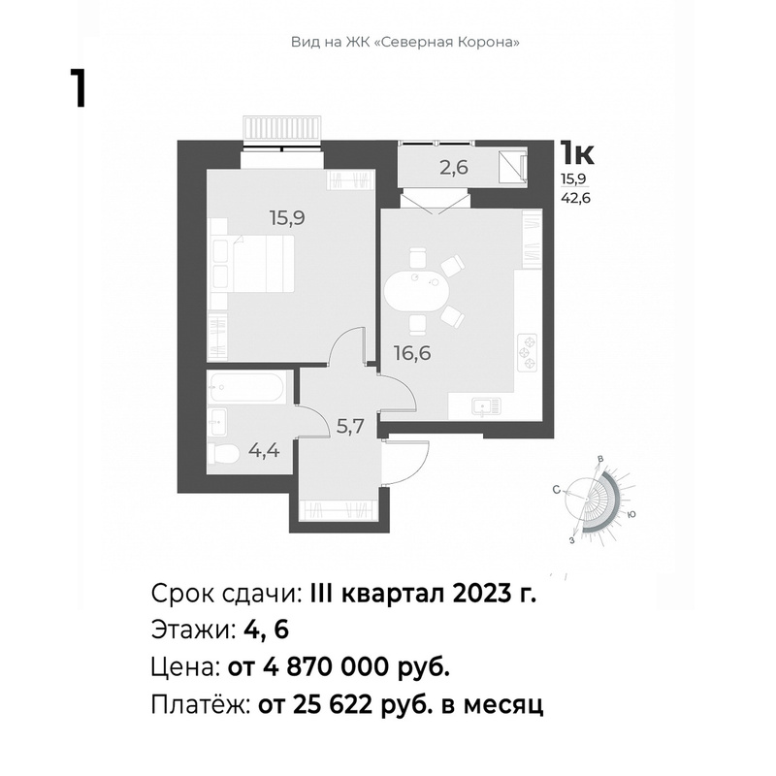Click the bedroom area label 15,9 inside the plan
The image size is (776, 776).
[x=287, y=217]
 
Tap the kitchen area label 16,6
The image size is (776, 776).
[x=412, y=353]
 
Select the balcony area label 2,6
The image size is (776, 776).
[x=454, y=168]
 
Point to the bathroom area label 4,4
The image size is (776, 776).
[x=264, y=451]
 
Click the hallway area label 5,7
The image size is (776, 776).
[x=351, y=426]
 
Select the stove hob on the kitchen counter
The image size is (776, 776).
[x=528, y=353]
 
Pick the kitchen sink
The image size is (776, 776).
[x=487, y=406]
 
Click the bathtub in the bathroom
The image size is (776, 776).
[x=246, y=388]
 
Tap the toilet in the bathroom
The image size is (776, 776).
[x=223, y=452]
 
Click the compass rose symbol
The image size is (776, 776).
[x=597, y=500]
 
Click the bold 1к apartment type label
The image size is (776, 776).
[x=576, y=152]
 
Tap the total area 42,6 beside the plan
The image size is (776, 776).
[x=575, y=199]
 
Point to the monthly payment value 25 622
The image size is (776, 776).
[x=333, y=705]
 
